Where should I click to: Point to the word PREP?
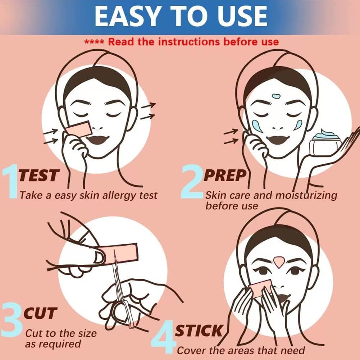[x=225, y=176]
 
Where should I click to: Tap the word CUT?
[x=40, y=314]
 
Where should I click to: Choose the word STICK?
[x=199, y=330]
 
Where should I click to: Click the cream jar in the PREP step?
[x=326, y=144]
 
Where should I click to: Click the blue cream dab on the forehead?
[x=276, y=96]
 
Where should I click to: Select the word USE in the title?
[x=239, y=16]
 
